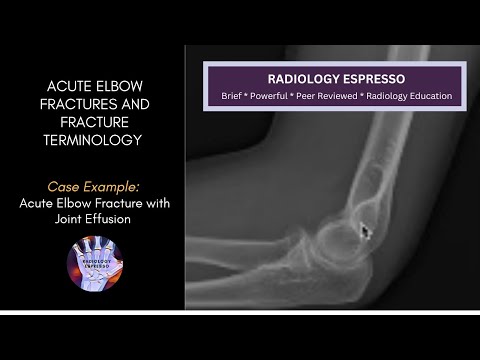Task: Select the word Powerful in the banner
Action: [275, 96]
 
